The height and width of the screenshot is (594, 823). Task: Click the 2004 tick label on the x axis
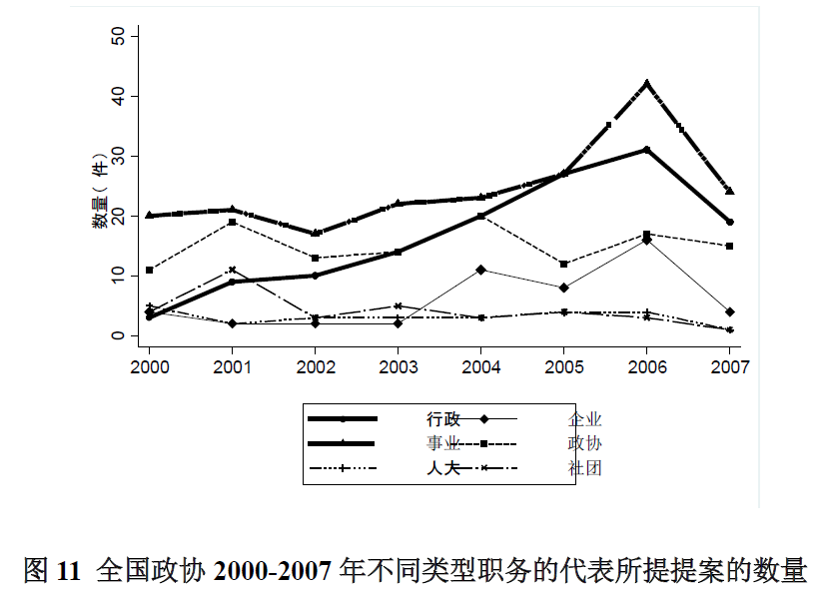point(481,365)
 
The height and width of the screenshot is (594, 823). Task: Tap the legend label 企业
point(585,419)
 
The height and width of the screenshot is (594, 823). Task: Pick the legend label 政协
point(585,443)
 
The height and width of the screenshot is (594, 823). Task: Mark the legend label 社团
point(585,467)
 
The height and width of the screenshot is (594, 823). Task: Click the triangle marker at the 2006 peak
point(647,83)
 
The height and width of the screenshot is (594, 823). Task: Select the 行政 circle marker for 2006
point(647,150)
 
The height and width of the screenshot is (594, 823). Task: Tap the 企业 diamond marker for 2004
point(481,270)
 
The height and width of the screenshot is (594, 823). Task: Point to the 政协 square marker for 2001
point(233,222)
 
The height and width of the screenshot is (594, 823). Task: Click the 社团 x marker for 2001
point(233,270)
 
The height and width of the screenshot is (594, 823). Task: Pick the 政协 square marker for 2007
point(730,246)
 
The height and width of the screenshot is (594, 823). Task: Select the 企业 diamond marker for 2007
point(730,311)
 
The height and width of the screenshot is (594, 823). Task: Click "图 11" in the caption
point(50,571)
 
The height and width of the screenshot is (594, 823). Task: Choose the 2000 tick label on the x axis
point(150,365)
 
